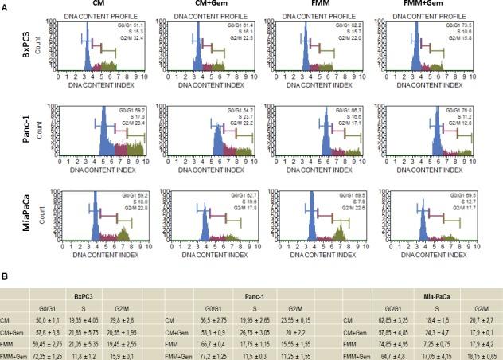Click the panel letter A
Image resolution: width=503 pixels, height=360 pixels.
pos(6,6)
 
